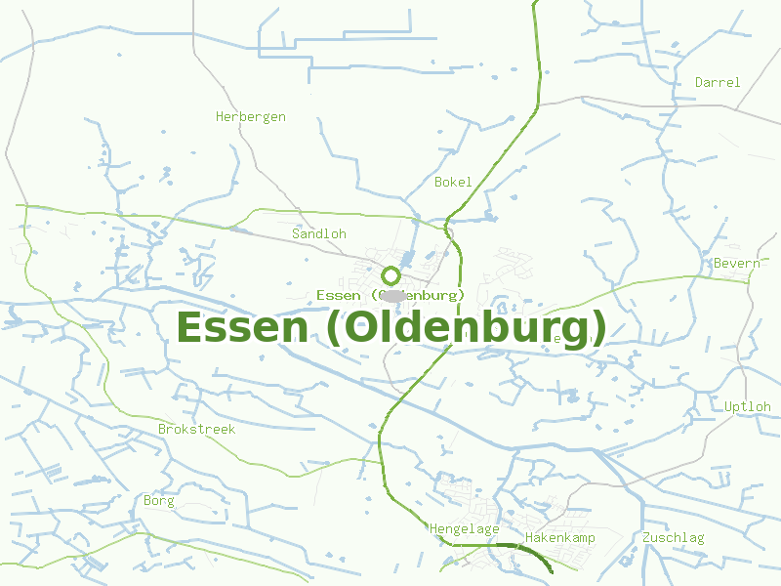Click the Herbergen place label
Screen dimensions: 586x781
click(x=251, y=117)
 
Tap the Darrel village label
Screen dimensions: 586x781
click(x=718, y=83)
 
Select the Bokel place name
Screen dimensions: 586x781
click(x=453, y=183)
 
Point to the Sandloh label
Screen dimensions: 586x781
click(x=319, y=234)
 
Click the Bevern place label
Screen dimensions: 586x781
click(x=736, y=264)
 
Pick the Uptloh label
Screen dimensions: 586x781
click(x=748, y=407)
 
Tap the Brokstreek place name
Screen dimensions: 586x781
click(x=196, y=430)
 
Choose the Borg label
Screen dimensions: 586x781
click(x=158, y=502)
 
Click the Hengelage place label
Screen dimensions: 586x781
click(x=465, y=529)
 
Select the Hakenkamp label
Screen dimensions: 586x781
click(x=560, y=538)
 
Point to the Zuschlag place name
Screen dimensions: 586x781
click(x=673, y=538)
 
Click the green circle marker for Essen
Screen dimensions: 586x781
click(x=390, y=275)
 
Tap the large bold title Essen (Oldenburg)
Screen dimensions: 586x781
click(x=390, y=327)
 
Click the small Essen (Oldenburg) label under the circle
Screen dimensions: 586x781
click(x=390, y=295)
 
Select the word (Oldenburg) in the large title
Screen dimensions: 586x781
click(x=466, y=327)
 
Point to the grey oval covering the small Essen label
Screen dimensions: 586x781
click(x=392, y=295)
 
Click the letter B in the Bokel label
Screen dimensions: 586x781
click(x=438, y=183)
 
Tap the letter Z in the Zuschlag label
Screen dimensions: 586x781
click(x=646, y=538)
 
